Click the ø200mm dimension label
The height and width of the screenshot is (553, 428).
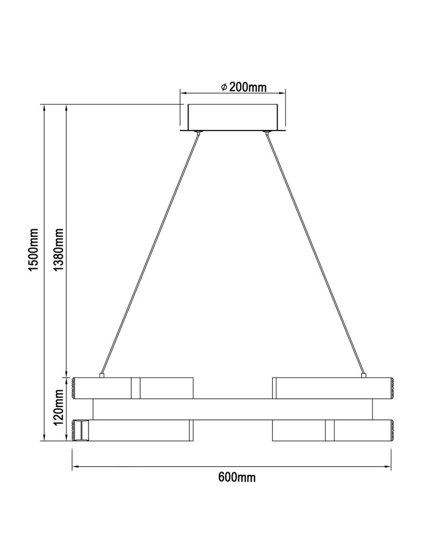(x=243, y=87)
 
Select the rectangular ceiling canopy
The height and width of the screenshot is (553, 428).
(x=233, y=116)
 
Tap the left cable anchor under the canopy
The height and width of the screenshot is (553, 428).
(x=197, y=132)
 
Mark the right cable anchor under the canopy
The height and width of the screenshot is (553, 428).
(x=268, y=132)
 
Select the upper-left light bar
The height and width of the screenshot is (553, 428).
(x=133, y=388)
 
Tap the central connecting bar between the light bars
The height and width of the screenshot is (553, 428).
(x=232, y=409)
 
